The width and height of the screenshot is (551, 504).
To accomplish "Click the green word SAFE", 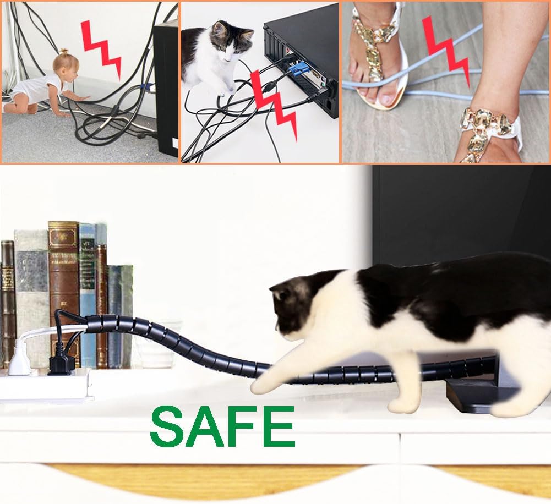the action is click(222, 426).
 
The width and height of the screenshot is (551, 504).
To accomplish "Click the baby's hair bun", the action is click(63, 53).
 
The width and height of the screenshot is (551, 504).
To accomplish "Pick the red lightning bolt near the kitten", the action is click(274, 105).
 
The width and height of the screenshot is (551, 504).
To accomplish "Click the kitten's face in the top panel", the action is click(231, 44).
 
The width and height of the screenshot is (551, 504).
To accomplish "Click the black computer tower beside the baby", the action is click(166, 88).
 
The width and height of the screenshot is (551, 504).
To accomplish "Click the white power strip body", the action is click(46, 385).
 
